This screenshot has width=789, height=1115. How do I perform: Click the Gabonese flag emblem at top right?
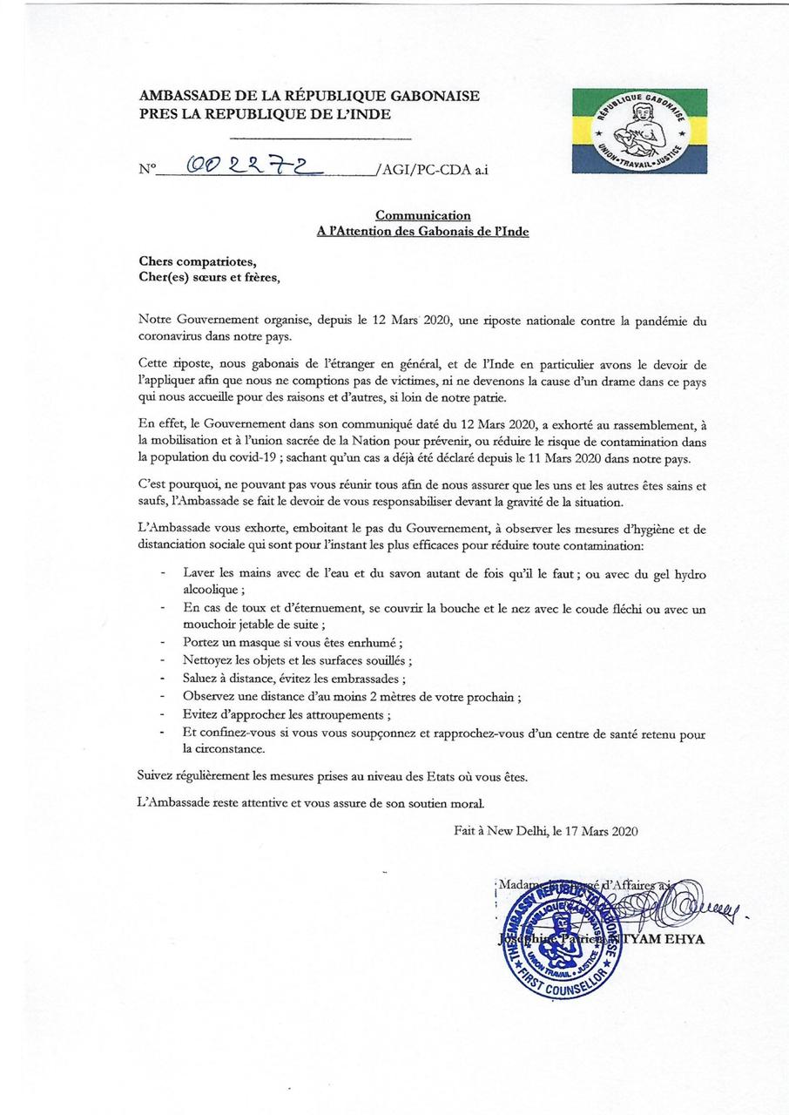pos(638,130)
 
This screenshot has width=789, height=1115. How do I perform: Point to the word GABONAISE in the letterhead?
pos(432,97)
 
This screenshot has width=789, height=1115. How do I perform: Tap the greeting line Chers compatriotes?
pos(199,261)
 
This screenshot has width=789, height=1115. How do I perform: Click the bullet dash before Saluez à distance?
pos(164,679)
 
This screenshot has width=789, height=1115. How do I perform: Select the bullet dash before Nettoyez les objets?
pos(164,661)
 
